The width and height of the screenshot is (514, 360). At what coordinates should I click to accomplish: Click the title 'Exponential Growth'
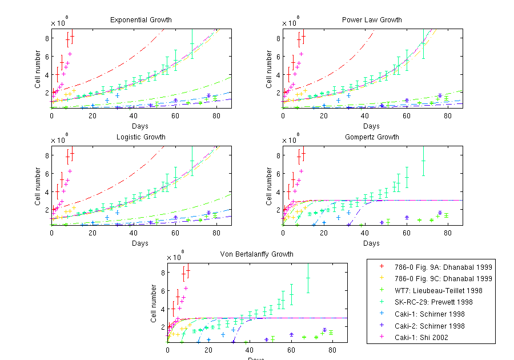140,20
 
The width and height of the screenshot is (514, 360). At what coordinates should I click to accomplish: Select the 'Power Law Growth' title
372,20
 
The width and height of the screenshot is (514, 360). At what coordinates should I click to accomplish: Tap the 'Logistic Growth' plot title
140,137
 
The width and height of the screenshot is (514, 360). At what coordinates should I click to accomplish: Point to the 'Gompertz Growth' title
372,137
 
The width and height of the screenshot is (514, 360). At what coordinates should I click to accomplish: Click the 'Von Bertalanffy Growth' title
257,254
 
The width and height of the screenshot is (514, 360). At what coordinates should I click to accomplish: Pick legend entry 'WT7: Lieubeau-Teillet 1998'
439,290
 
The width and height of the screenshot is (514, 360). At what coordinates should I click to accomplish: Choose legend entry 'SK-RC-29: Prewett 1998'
433,302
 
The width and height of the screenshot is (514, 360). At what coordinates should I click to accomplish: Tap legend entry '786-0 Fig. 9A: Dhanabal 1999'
442,267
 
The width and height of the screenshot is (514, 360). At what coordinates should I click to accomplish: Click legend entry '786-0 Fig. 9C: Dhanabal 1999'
442,279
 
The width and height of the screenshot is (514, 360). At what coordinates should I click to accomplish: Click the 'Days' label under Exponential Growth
140,126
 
